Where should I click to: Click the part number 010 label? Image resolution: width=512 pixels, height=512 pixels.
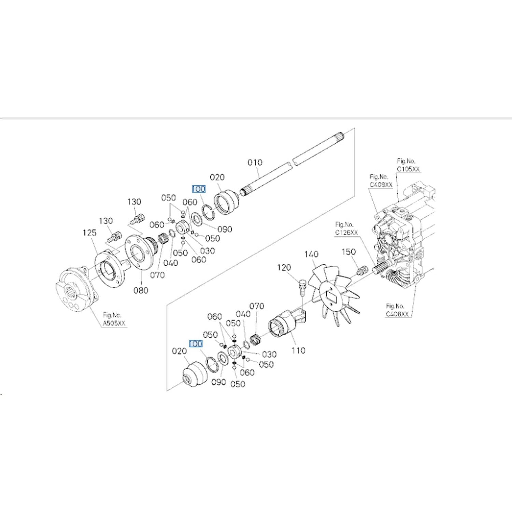click(255, 162)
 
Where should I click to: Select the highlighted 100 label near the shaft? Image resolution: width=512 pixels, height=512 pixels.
click(199, 189)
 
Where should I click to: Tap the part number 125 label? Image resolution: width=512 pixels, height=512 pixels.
click(89, 233)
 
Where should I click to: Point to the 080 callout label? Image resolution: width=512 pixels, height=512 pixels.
click(141, 290)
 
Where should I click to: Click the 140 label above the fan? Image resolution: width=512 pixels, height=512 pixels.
click(311, 254)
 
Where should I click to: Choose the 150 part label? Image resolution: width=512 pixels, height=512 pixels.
click(349, 252)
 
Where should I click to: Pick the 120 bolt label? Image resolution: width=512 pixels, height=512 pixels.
click(284, 268)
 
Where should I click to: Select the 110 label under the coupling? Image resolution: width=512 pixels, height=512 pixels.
click(298, 351)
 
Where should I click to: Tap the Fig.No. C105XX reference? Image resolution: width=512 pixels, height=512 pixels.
click(408, 165)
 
